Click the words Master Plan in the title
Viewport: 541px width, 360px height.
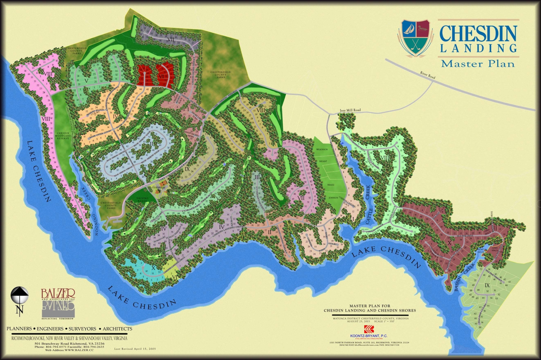[x=478, y=64]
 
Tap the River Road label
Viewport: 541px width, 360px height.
[x=428, y=75]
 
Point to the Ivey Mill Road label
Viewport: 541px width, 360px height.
[x=350, y=110]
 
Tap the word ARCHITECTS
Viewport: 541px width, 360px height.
[x=117, y=329]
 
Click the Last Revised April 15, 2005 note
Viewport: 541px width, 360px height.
[x=135, y=349]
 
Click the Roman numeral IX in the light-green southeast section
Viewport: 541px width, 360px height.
[x=487, y=285]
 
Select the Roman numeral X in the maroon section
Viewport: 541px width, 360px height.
[x=449, y=242]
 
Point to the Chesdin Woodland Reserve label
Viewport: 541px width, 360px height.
[x=64, y=135]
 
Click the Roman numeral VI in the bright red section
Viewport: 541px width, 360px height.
[x=161, y=76]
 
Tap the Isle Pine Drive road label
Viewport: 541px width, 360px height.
[x=481, y=311]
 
